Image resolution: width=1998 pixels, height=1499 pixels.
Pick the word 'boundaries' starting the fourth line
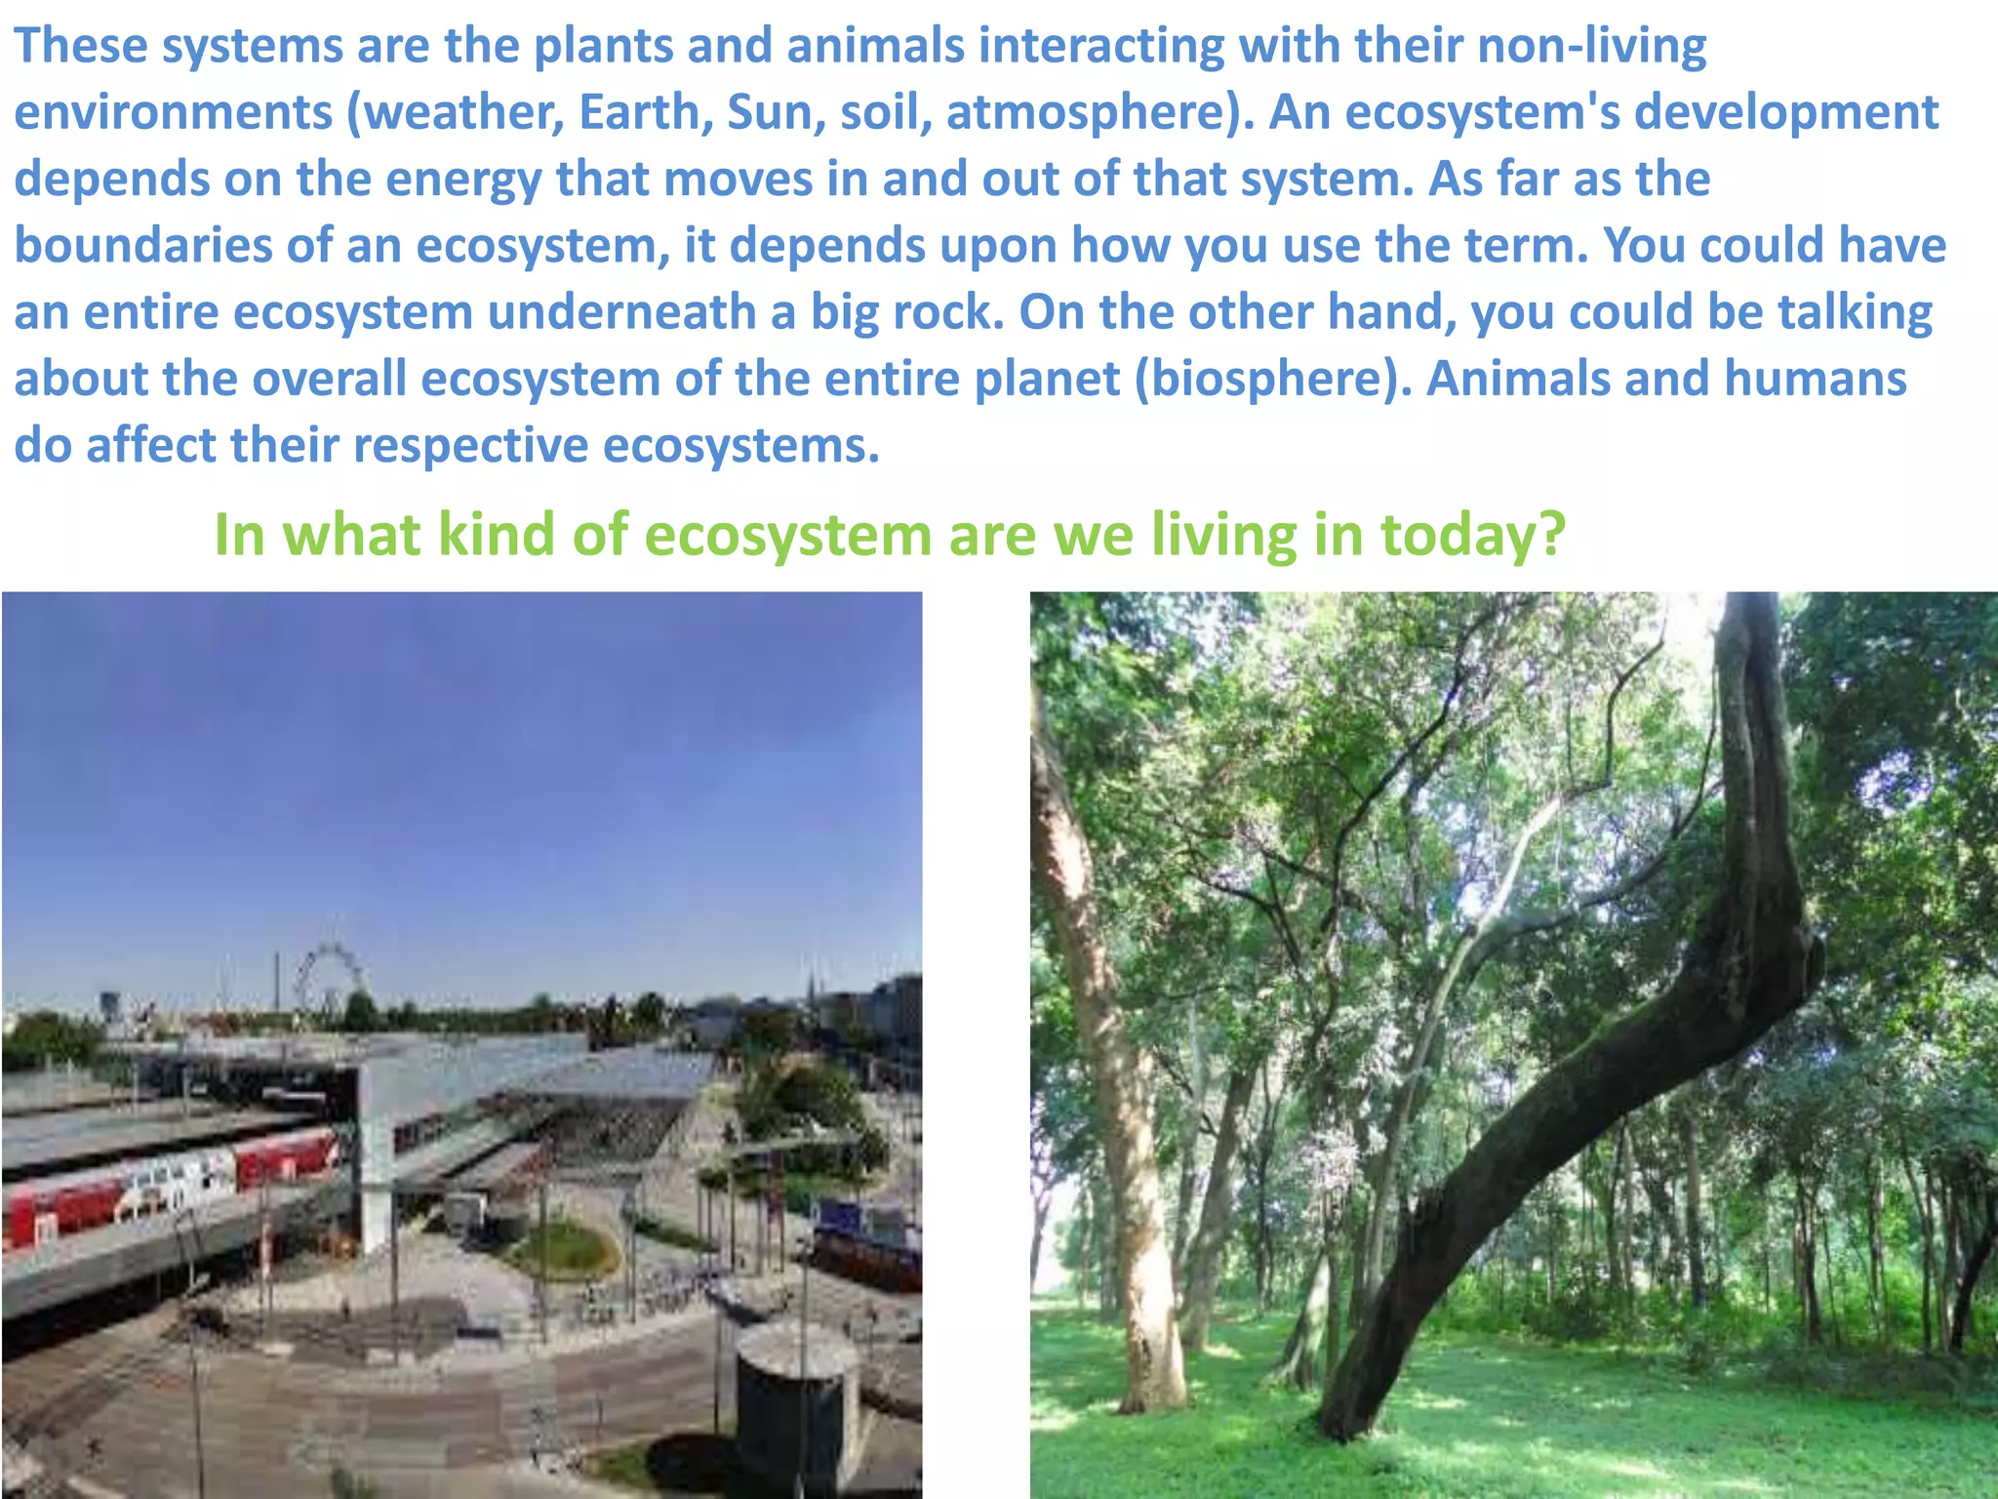click(142, 246)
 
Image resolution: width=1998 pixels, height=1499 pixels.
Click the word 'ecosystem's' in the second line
click(1482, 112)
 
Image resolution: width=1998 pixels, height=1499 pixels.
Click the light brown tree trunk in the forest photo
click(1122, 1122)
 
